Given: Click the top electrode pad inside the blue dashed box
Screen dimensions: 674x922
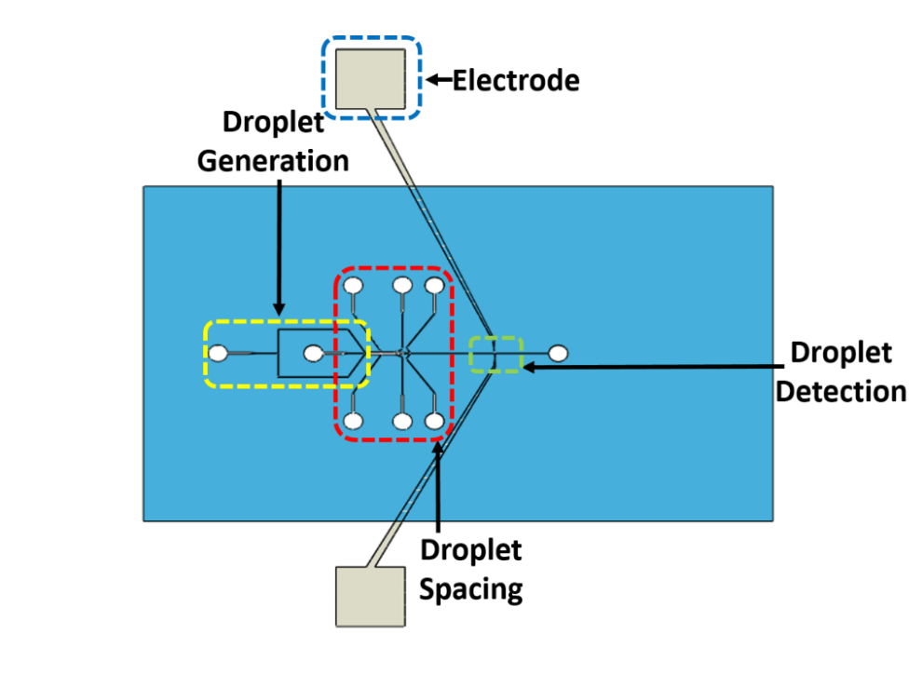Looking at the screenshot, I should (x=370, y=78).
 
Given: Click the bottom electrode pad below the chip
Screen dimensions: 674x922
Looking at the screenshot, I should (x=370, y=596).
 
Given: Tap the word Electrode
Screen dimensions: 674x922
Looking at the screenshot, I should (x=516, y=81).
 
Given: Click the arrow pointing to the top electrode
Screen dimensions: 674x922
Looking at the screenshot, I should (x=438, y=81).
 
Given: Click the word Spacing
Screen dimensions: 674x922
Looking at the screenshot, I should (x=470, y=588).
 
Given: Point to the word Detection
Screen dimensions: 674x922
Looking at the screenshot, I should (x=841, y=391).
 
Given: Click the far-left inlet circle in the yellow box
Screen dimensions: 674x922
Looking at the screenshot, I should (x=218, y=354).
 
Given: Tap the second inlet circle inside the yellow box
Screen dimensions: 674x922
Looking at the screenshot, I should (x=314, y=354).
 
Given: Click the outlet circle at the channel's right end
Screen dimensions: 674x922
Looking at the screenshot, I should (x=559, y=354).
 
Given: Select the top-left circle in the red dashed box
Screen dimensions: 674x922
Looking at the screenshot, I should (x=354, y=285).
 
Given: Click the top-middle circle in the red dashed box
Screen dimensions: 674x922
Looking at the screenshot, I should (x=402, y=285).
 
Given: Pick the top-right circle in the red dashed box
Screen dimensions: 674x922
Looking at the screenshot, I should (x=435, y=285).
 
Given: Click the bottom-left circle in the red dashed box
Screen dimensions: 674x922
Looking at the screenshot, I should (x=354, y=421).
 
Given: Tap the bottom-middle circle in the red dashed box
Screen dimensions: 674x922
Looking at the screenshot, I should (x=402, y=421).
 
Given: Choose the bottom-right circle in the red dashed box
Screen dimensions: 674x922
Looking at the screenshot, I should (x=435, y=421).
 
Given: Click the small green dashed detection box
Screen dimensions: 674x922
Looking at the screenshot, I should (x=495, y=355).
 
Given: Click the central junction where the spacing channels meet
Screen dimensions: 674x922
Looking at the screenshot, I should (x=401, y=353).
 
